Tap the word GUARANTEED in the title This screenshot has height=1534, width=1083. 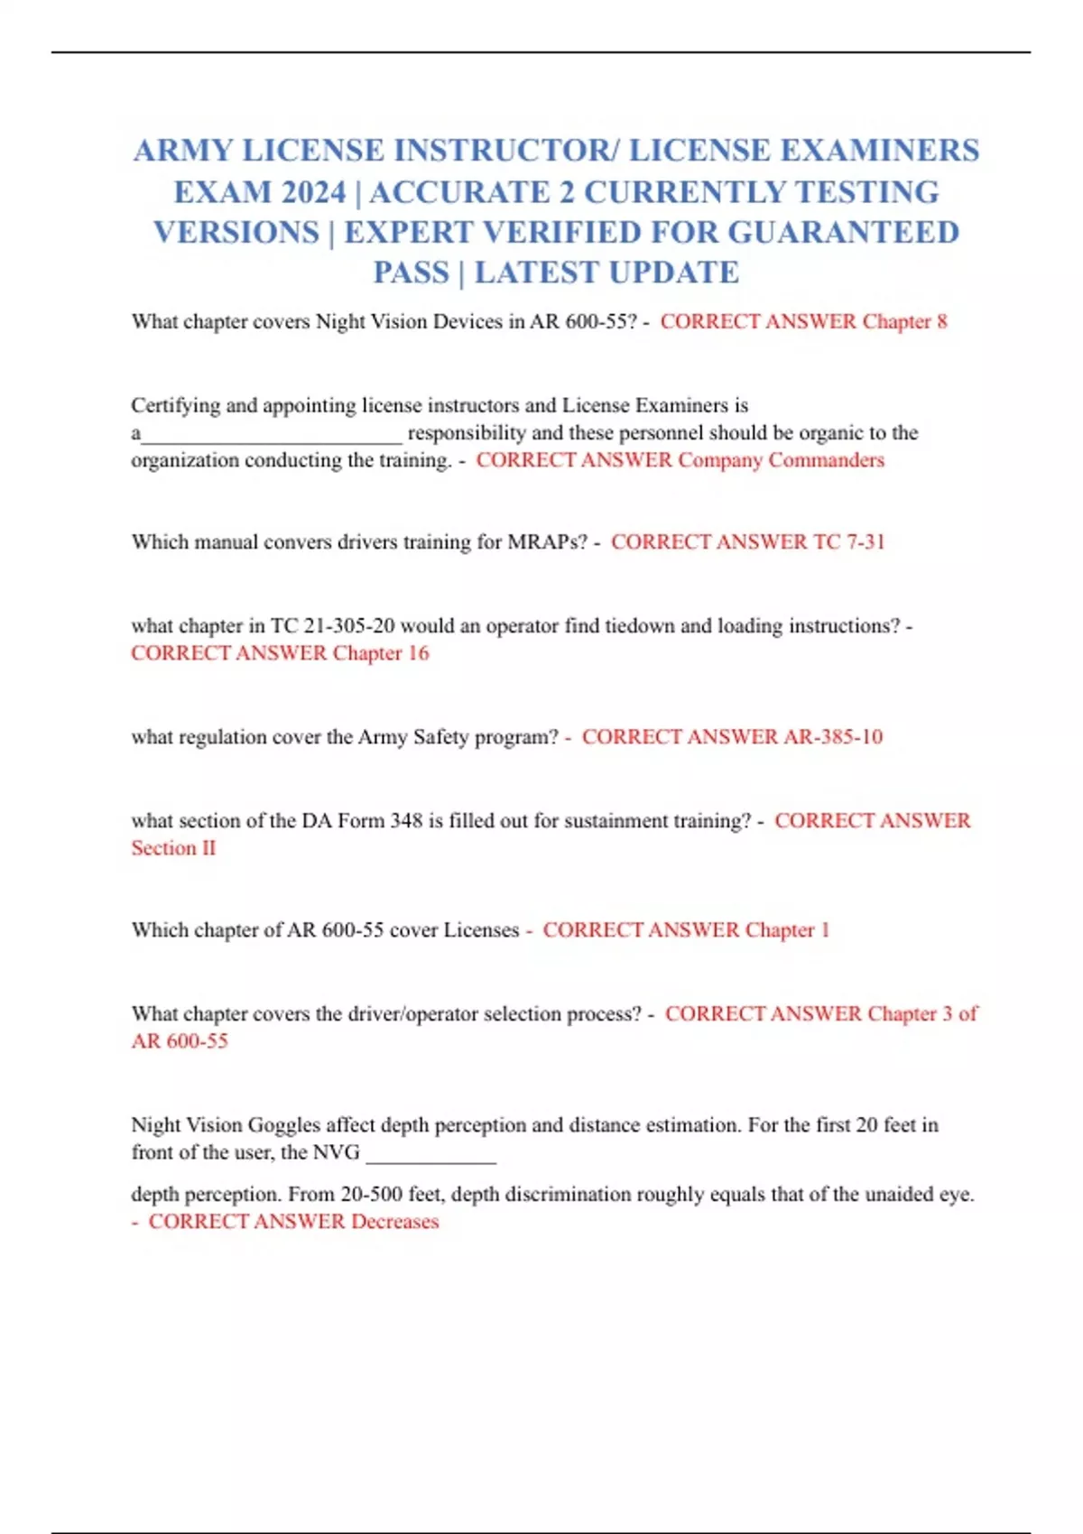point(843,233)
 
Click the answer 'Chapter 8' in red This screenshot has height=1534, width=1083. point(904,322)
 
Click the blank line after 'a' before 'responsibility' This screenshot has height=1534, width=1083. point(272,435)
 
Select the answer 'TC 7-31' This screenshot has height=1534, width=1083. point(848,542)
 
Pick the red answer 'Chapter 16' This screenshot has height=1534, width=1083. point(380,653)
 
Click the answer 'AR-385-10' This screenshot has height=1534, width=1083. point(833,737)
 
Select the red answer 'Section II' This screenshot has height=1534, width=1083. point(173,848)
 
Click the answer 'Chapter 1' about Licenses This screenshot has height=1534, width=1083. point(787,930)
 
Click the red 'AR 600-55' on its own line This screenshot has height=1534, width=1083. point(180,1041)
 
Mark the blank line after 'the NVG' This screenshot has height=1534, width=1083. point(430,1156)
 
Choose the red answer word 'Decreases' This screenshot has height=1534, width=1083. point(394,1222)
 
